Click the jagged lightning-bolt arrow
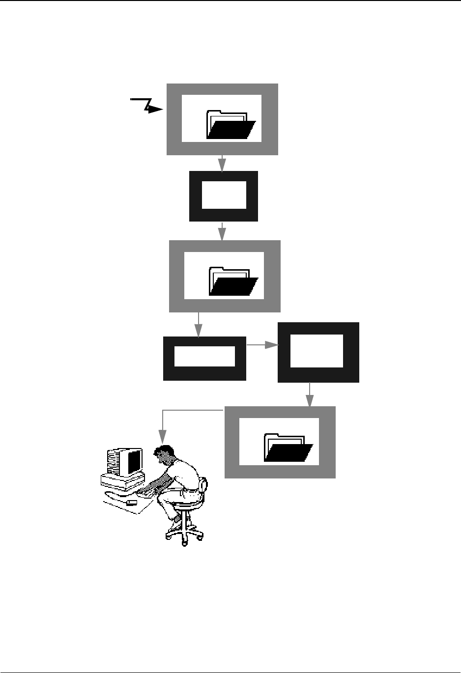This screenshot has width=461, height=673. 147,106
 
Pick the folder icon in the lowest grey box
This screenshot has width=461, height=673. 288,447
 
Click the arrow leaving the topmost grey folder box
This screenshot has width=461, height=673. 222,164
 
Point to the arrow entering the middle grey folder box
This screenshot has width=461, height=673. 222,231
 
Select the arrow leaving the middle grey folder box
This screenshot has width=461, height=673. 199,325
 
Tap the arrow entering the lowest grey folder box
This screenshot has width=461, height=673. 310,394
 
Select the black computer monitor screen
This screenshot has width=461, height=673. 134,461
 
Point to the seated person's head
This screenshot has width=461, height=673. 164,454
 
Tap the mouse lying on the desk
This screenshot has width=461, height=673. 132,503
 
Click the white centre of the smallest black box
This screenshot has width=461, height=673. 224,195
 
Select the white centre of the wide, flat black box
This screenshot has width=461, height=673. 204,356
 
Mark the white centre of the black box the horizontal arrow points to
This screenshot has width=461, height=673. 317,350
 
